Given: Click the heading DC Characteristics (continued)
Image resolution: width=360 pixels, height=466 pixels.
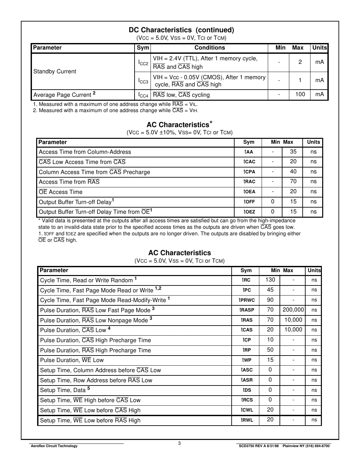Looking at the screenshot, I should [181, 30].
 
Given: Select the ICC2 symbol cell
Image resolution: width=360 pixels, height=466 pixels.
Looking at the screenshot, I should [143, 63].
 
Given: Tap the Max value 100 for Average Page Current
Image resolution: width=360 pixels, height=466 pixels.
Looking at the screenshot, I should [300, 95].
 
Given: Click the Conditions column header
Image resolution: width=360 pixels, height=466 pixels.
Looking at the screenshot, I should [209, 48].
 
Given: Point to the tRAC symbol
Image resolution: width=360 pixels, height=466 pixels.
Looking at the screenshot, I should [249, 182].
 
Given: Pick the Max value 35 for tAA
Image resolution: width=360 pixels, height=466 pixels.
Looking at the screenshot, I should [293, 152].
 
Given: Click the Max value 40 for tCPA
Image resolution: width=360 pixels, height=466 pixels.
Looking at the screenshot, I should [293, 172].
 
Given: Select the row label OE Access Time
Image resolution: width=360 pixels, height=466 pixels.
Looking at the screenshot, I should [61, 192].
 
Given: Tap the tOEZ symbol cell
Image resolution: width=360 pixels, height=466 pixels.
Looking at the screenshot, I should [249, 212].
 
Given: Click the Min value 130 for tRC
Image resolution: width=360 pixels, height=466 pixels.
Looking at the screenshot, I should [270, 280].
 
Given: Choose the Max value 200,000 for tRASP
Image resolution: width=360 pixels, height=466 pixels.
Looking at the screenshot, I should [293, 310].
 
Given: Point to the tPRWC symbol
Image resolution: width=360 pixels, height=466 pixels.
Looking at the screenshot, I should [247, 300].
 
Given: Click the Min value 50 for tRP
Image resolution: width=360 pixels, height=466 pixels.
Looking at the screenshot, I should [270, 350].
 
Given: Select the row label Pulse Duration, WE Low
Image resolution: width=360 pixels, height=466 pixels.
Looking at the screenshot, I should [72, 360].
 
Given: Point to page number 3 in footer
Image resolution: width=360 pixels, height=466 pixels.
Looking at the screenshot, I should [179, 443].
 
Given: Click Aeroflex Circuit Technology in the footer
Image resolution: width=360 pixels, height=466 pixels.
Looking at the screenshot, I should [54, 446].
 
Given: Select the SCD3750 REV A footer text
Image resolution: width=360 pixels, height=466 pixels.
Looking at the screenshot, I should [259, 446].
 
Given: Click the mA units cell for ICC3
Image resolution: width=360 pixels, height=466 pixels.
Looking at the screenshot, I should [319, 80].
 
